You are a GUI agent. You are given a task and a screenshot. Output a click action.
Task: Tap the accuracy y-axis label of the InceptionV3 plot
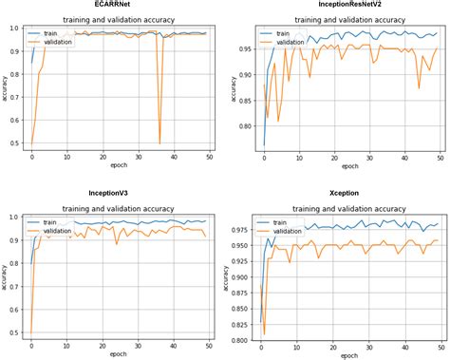click(5, 275)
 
